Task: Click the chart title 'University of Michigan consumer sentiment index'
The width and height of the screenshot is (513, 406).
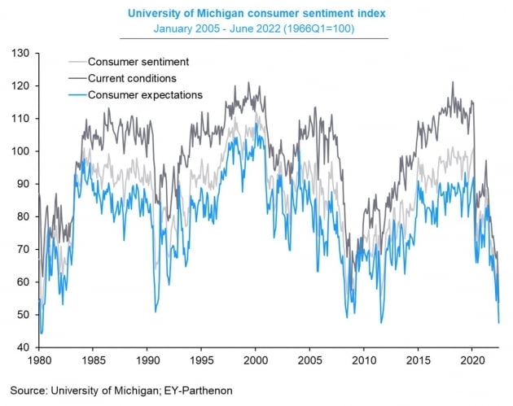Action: point(255,12)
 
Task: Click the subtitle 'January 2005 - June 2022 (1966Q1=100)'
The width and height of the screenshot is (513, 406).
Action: point(255,29)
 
